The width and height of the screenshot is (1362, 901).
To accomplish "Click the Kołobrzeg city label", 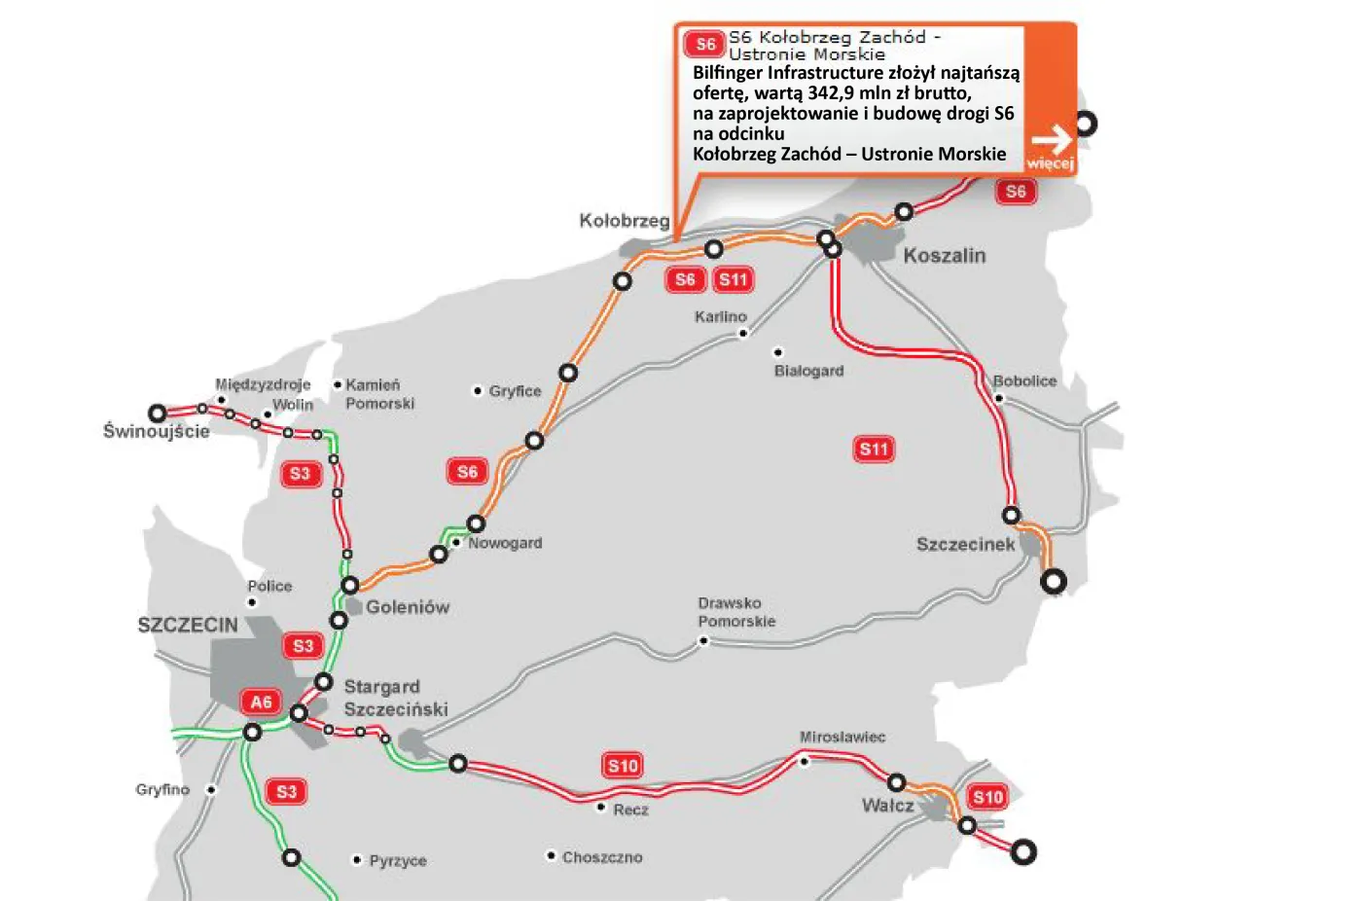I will [624, 221].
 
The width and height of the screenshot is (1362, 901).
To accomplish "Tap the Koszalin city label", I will [944, 256].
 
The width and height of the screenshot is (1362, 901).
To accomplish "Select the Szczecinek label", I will [965, 544].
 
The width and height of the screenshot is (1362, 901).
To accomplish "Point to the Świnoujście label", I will [156, 431].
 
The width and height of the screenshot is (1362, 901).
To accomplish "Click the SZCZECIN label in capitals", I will [188, 625].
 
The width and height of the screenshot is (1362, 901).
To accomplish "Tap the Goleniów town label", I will [408, 607].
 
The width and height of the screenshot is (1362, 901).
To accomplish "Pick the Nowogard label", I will [505, 543].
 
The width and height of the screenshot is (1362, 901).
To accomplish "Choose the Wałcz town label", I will [887, 806].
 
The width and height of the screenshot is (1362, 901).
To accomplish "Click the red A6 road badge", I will [261, 702].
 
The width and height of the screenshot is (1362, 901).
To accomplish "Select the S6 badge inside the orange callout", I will [705, 45].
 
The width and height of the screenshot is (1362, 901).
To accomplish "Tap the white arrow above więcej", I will [1051, 139].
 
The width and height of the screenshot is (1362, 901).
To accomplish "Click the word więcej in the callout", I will [1050, 162].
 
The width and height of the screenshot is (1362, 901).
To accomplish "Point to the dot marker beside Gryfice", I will [478, 391].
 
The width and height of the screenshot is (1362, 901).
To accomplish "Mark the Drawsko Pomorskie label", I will [736, 612].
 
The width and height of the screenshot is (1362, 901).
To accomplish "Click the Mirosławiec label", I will [842, 738].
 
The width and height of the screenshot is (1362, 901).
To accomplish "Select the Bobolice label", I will [1024, 381].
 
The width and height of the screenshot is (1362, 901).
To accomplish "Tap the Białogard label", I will [808, 371].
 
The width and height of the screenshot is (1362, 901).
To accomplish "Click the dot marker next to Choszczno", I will [551, 856].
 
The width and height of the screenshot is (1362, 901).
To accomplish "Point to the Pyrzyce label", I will [398, 860].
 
